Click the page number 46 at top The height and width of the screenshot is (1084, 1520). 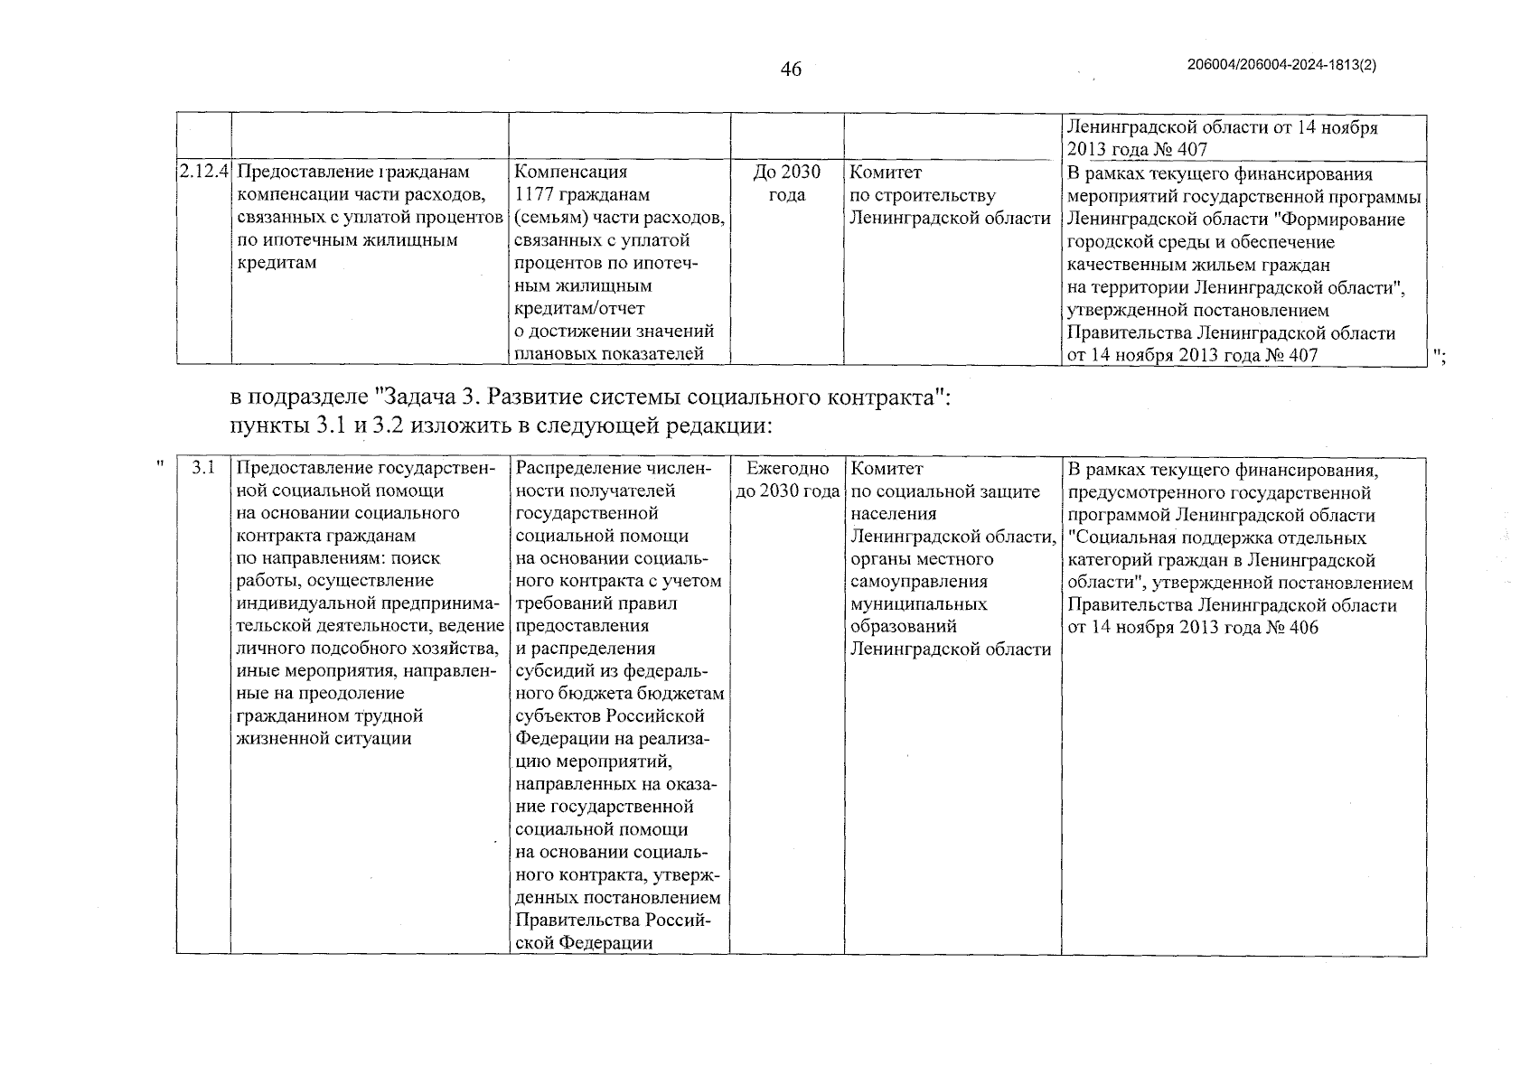pyautogui.click(x=791, y=70)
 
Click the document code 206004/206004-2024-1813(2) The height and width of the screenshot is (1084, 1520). pyautogui.click(x=1281, y=65)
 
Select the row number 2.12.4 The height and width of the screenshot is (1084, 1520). pyautogui.click(x=203, y=172)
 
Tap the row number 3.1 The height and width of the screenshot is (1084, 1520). pyautogui.click(x=203, y=468)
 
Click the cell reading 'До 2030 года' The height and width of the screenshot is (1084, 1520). pyautogui.click(x=786, y=183)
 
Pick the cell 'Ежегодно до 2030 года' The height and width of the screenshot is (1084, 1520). pyautogui.click(x=786, y=480)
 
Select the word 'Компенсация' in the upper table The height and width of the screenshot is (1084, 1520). pyautogui.click(x=570, y=172)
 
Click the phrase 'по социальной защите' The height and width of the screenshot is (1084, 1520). pyautogui.click(x=945, y=491)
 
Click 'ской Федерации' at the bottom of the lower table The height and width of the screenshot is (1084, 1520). pyautogui.click(x=583, y=942)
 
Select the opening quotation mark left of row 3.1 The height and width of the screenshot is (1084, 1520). pyautogui.click(x=160, y=464)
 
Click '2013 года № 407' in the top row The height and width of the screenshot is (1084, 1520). pyautogui.click(x=1137, y=149)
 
